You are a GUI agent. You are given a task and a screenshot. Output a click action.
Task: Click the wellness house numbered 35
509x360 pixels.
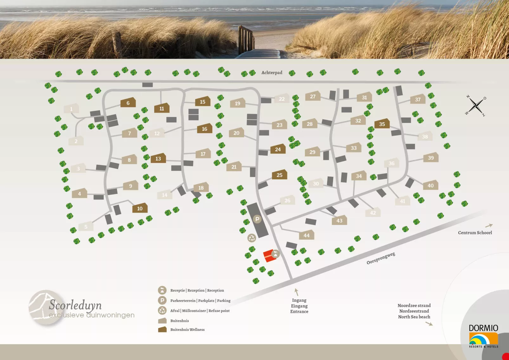382,124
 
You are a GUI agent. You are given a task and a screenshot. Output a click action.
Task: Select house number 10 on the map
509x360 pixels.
140,208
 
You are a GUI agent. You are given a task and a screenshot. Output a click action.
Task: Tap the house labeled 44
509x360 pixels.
306,235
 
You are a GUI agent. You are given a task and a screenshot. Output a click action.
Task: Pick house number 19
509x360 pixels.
237,103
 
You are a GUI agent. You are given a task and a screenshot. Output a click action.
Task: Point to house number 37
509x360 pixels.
418,99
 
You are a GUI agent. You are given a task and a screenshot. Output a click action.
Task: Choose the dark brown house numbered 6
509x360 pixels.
128,103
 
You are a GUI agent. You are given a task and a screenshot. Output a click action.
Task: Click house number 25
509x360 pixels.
279,175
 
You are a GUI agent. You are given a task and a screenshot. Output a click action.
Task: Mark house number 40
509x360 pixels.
430,185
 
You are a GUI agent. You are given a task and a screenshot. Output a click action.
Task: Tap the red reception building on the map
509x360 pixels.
269,256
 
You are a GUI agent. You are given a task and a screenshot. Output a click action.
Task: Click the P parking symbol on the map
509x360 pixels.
257,219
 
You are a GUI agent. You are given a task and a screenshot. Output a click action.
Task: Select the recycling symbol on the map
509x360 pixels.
252,238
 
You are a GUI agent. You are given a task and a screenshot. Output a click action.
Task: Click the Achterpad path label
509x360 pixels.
272,73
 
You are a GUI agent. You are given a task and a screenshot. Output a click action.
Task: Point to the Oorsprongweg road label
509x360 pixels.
381,258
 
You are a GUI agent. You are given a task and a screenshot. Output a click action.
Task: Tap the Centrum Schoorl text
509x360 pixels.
475,233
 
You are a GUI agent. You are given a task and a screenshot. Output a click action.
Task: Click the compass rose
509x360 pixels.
476,106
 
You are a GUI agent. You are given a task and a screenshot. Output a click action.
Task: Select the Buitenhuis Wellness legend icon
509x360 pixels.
162,330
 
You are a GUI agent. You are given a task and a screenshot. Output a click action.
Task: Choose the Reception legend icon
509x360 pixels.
162,290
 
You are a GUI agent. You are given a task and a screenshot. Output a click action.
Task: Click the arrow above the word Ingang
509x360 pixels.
297,292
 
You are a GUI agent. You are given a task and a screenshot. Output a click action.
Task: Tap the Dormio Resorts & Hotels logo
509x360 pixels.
483,336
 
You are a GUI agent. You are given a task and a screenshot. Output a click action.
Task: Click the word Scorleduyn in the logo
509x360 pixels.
75,305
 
